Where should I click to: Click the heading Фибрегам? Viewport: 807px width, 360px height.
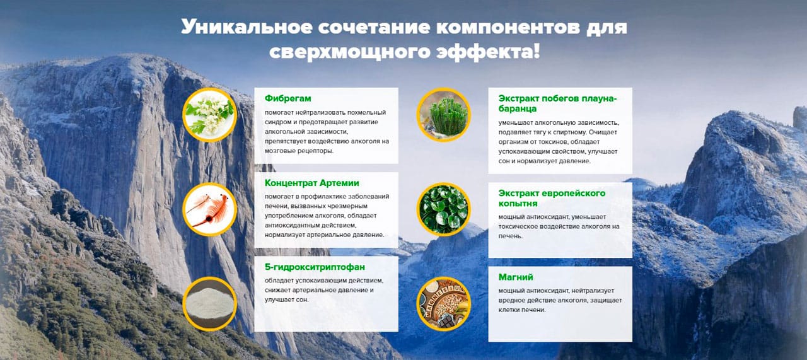(x=287, y=98)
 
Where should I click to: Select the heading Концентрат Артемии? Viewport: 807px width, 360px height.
(x=311, y=183)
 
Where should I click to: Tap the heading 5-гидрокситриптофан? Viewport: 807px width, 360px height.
(x=315, y=267)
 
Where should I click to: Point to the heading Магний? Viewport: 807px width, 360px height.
(x=516, y=277)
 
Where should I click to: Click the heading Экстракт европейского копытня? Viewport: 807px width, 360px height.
(x=552, y=198)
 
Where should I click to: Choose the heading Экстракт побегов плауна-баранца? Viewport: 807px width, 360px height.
(x=558, y=103)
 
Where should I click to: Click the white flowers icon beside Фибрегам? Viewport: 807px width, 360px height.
(x=210, y=115)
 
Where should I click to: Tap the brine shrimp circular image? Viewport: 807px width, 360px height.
(x=210, y=209)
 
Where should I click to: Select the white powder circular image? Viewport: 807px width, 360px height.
(x=210, y=304)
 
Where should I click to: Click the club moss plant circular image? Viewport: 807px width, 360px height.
(x=443, y=115)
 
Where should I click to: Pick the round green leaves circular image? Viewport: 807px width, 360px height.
(x=443, y=209)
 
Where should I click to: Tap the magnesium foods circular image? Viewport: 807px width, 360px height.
(x=443, y=304)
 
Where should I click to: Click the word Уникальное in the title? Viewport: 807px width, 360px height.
(x=247, y=27)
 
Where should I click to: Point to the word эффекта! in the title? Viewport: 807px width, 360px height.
(x=488, y=52)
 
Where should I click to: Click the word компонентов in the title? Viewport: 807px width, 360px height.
(x=508, y=27)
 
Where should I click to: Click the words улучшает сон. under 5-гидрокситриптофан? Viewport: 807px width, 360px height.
(x=286, y=300)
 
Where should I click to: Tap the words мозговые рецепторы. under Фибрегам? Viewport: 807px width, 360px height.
(x=299, y=151)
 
